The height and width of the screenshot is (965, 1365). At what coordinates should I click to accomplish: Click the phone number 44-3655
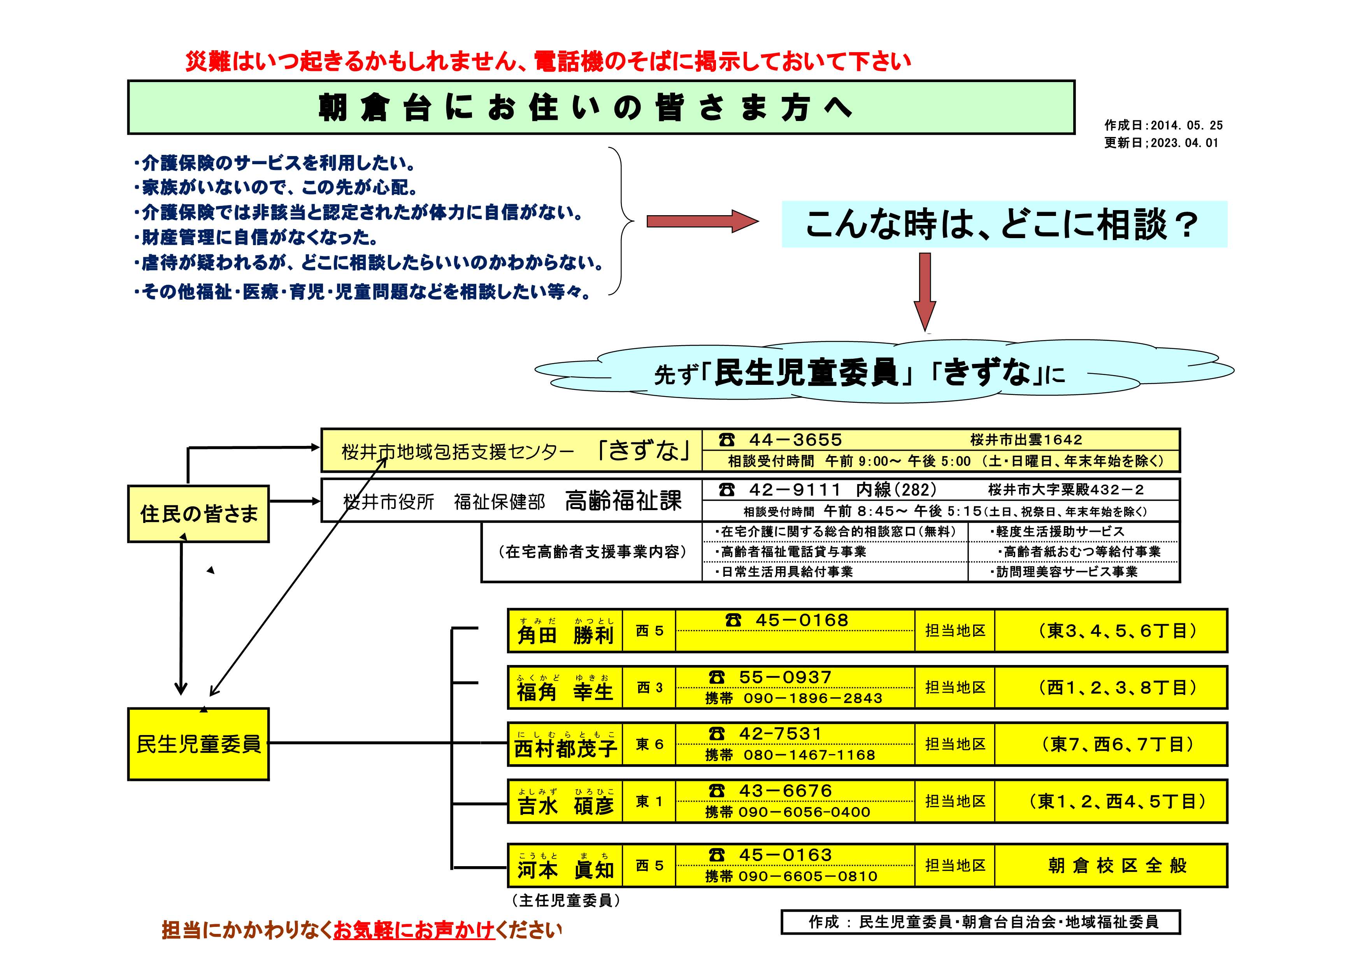click(x=795, y=440)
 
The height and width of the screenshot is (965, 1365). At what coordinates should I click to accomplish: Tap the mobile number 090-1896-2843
click(x=813, y=698)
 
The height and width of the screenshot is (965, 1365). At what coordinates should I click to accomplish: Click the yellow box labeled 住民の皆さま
click(x=198, y=514)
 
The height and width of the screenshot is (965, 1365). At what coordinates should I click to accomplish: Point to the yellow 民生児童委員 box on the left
click(x=198, y=744)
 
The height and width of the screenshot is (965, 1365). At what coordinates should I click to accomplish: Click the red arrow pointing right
click(x=703, y=221)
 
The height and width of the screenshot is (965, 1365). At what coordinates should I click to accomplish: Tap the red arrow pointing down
click(x=925, y=292)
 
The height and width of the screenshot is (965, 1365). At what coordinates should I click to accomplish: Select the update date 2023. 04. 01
click(x=1184, y=143)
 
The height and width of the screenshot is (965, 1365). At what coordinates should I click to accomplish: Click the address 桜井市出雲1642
click(x=1026, y=440)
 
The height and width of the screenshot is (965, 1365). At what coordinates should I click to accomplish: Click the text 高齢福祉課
click(x=623, y=501)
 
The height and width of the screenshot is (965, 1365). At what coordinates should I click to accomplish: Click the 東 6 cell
click(x=649, y=744)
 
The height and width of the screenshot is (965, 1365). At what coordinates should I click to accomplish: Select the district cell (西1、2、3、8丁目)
click(x=1111, y=687)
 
